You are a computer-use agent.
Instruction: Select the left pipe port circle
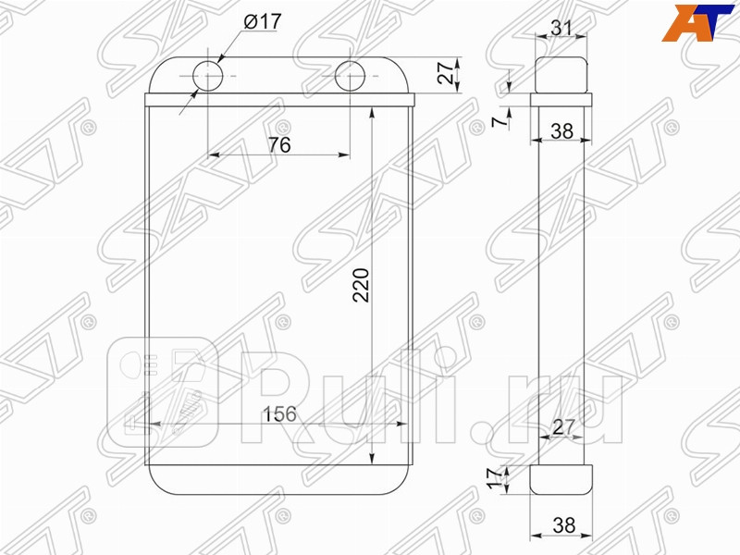point(206,76)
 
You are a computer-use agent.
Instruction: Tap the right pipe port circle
point(351,76)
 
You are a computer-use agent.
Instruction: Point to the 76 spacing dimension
point(279,143)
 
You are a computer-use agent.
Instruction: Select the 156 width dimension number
point(278,414)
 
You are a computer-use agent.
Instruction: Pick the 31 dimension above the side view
point(561,28)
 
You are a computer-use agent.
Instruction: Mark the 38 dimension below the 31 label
point(561,131)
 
